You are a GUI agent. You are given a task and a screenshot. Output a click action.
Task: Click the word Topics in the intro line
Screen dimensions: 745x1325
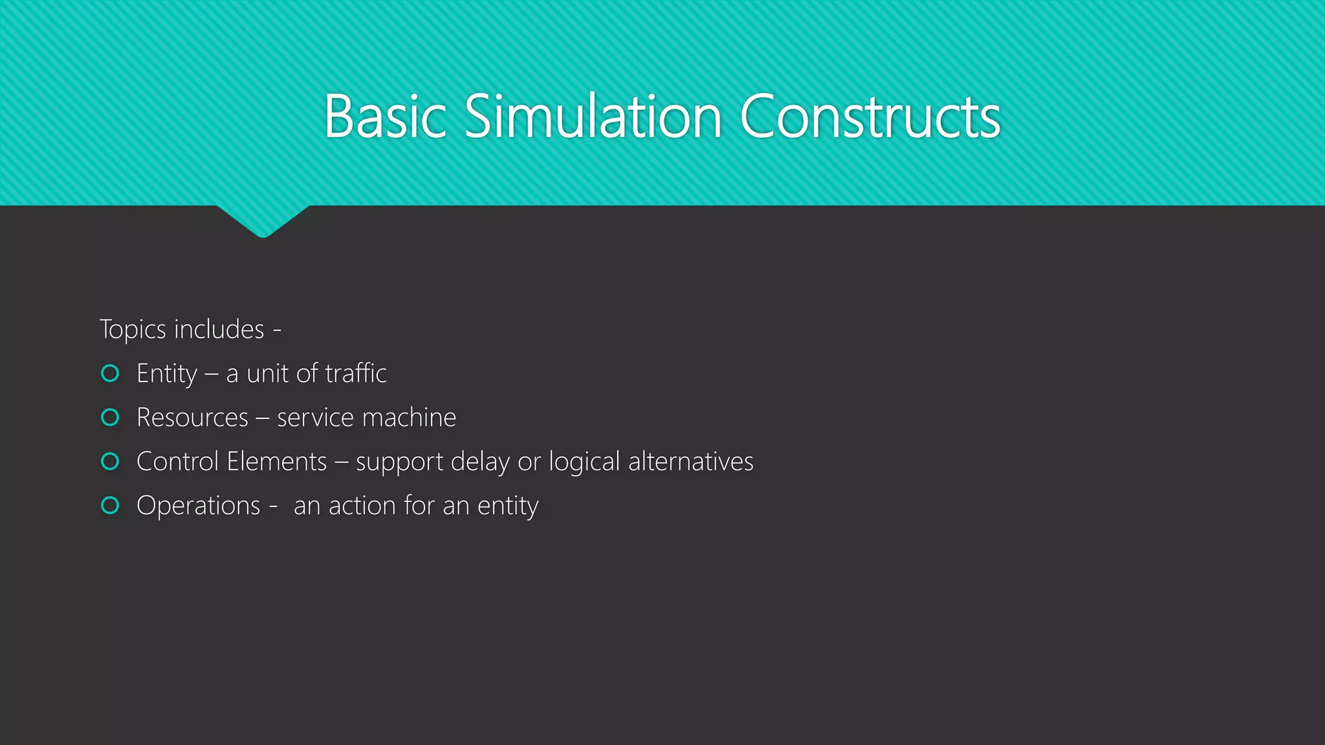133,330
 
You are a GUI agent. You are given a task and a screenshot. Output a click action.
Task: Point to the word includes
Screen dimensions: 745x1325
219,329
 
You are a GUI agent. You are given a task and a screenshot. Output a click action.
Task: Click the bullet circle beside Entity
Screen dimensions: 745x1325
111,373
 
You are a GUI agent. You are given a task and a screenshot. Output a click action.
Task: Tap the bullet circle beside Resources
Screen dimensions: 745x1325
111,417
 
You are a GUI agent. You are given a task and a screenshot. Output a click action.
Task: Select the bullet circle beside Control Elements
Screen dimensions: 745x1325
111,461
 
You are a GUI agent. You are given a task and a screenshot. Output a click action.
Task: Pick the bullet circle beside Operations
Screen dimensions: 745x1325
111,505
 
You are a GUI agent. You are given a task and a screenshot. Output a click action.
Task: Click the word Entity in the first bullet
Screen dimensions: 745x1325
167,374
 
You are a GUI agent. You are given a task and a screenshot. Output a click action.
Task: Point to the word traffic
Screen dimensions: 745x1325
356,373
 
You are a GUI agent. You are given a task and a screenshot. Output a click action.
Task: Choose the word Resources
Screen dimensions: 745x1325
192,418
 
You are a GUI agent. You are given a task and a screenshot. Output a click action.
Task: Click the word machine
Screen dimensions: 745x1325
410,418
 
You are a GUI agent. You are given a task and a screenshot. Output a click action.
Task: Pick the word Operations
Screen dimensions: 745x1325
198,506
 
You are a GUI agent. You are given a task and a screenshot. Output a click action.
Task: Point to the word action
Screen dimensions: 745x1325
362,506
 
